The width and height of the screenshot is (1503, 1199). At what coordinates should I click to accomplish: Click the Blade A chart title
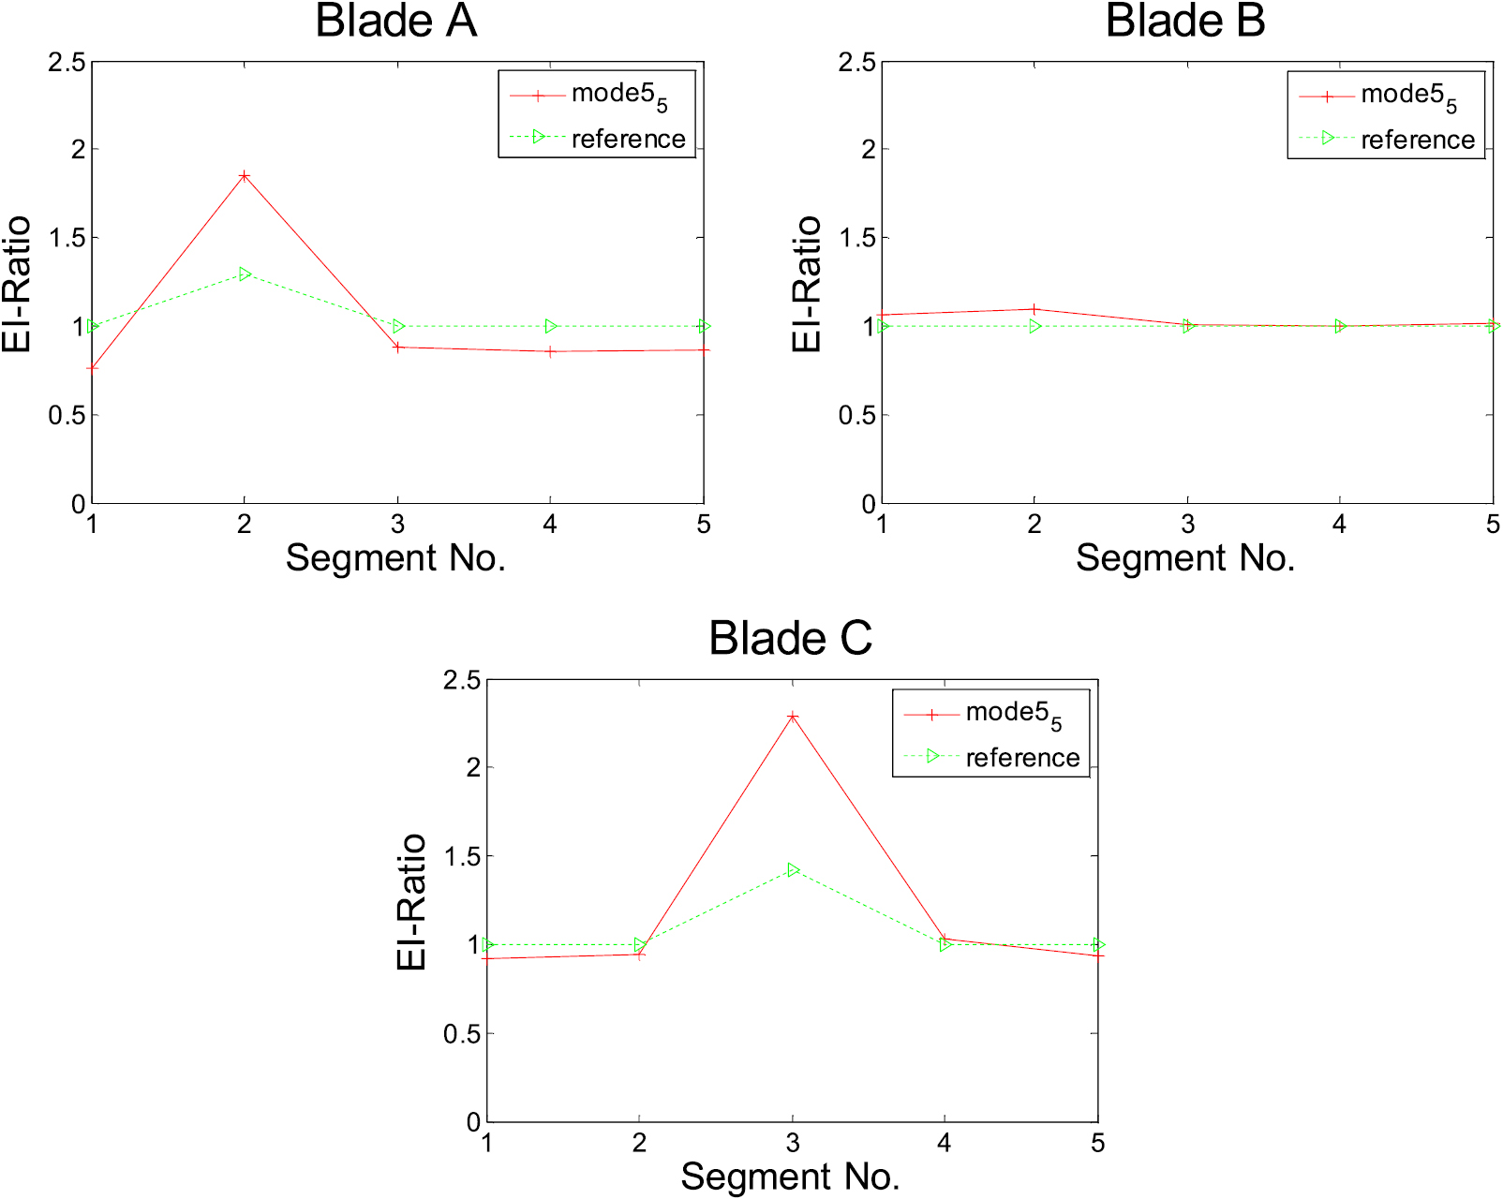coord(395,22)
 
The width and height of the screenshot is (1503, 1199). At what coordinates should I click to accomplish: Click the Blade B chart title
coord(1185,22)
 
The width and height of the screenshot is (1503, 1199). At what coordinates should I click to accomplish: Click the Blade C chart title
coord(790,639)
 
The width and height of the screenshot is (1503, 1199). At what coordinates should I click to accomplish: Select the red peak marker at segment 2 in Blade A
coord(245,176)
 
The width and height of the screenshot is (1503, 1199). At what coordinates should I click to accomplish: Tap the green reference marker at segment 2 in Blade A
coord(246,274)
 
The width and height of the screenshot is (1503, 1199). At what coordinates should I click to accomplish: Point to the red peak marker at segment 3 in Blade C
coord(793,717)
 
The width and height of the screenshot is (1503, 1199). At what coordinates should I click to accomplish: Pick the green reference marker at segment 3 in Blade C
coord(794,870)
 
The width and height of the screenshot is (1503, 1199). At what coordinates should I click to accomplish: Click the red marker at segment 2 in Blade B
coord(1034,309)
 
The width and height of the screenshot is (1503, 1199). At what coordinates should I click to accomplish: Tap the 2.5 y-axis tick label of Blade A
coord(67,63)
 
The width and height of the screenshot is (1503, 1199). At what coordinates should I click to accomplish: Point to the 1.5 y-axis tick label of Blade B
coord(856,238)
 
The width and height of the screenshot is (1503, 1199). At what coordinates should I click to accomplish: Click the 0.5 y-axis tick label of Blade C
coord(461,1034)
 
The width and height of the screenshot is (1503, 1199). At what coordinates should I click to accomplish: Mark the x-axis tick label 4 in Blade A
coord(550,525)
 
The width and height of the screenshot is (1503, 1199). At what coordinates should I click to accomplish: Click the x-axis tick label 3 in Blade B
coord(1187,525)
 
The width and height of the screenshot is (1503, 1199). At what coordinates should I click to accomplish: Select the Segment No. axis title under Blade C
coord(790,1177)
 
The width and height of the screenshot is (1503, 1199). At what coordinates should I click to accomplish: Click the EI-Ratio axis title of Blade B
coord(806,284)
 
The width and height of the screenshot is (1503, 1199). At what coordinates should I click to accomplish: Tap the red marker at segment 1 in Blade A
coord(93,368)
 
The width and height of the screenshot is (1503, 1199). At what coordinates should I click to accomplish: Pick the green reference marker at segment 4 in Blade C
coord(945,945)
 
